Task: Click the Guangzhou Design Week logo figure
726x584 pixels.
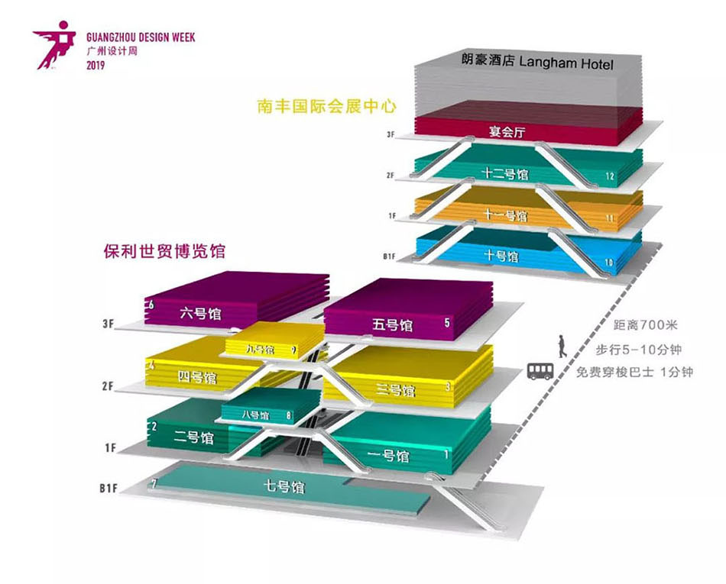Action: point(55,47)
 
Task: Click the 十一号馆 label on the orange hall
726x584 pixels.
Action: point(506,216)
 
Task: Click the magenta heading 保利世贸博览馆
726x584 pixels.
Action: point(169,250)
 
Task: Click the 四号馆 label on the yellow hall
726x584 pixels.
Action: point(197,377)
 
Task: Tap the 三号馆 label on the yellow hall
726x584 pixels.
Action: point(396,391)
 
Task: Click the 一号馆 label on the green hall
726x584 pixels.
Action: point(388,457)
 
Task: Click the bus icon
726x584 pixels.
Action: point(539,371)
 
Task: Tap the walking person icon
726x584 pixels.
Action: point(562,346)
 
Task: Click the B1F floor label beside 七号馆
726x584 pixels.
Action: point(107,487)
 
